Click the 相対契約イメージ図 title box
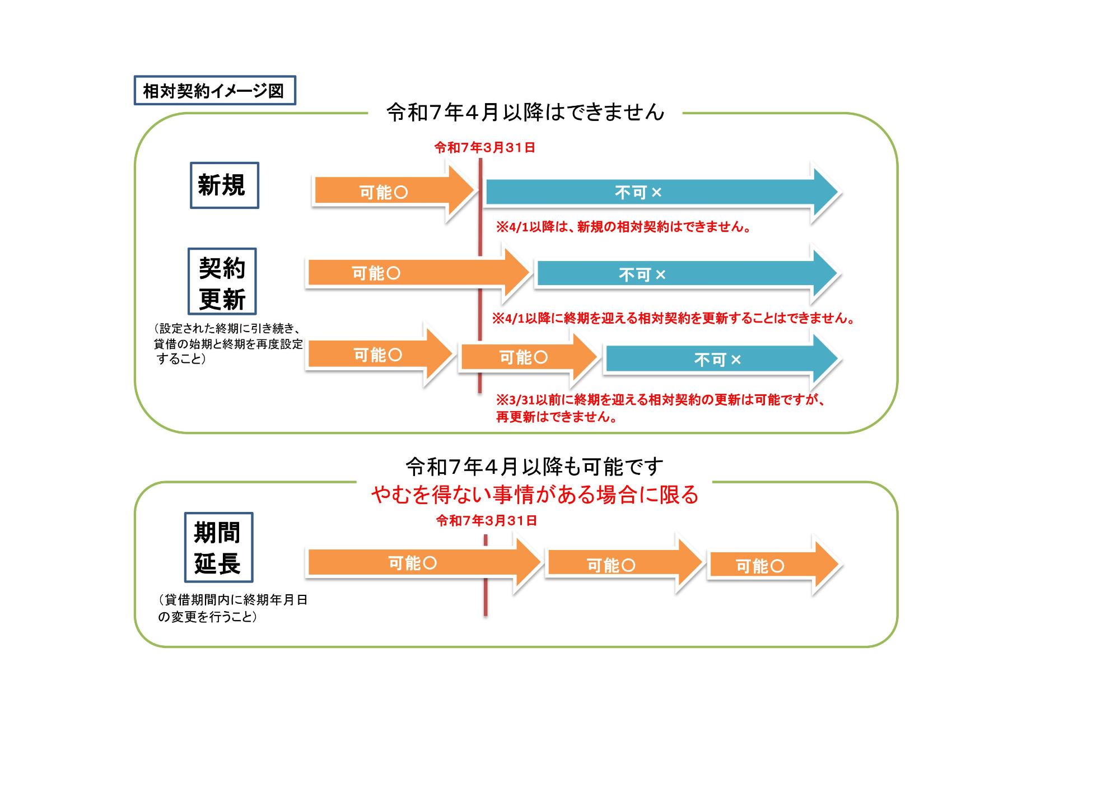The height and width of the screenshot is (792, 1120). (214, 91)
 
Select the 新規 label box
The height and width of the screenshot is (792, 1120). (224, 185)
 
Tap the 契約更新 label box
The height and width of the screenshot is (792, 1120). (222, 281)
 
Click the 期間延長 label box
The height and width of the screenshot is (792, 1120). (218, 547)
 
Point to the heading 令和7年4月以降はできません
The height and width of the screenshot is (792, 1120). (525, 113)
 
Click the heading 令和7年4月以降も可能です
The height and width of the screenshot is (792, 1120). (534, 466)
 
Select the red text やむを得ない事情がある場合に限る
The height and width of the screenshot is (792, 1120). (534, 495)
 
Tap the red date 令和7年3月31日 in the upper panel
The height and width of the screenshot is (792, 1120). (485, 148)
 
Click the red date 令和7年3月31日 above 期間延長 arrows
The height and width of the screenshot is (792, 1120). (487, 521)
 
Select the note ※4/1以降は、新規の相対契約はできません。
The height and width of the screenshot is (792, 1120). (623, 227)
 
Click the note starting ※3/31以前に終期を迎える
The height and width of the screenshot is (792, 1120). (661, 408)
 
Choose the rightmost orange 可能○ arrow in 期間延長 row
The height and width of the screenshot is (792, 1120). (770, 566)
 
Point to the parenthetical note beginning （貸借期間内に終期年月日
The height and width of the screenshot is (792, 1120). (232, 608)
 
